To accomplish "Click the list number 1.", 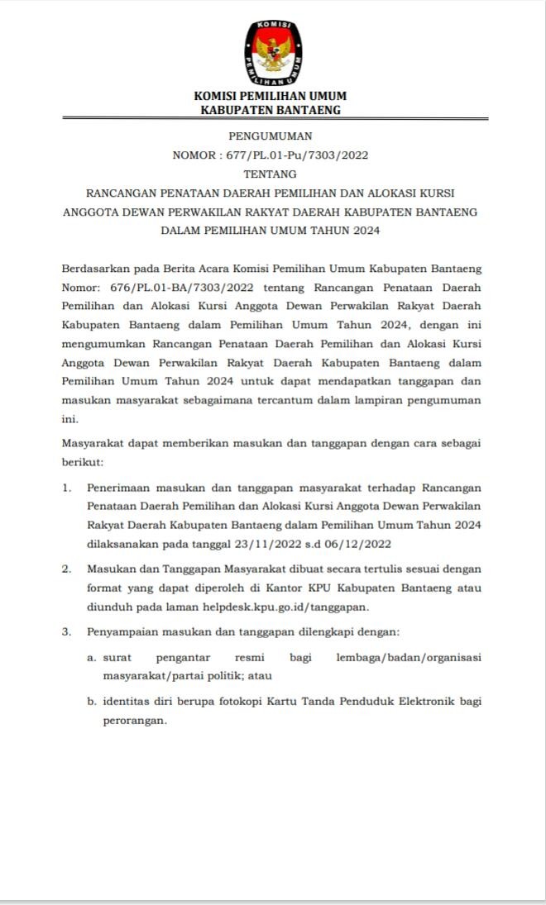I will (x=66, y=487).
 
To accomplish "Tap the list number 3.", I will (x=66, y=631).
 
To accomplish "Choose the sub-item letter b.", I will (x=92, y=701).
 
